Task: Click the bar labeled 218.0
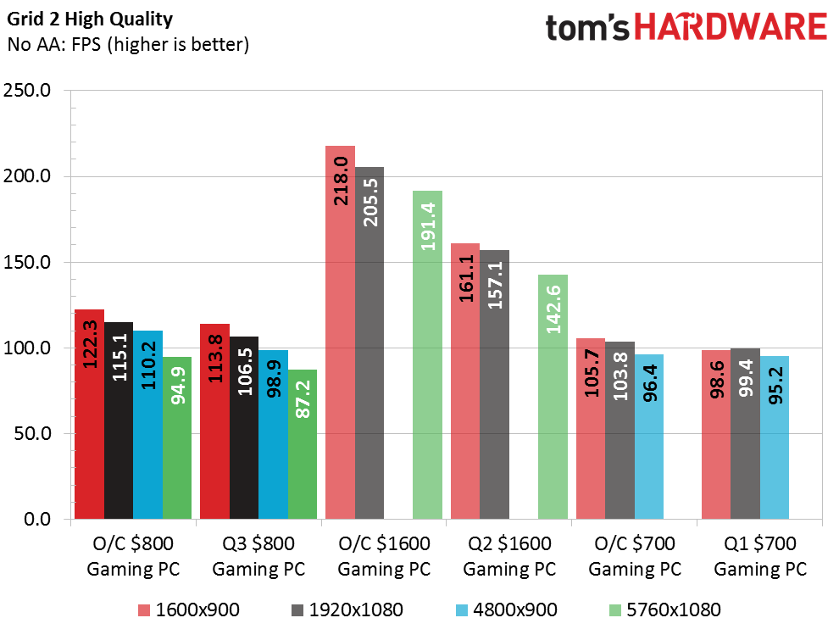coord(341,332)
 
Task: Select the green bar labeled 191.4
coord(427,355)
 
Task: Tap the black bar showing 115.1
coord(119,420)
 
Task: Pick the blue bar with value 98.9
coord(274,435)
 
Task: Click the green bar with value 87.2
coord(303,444)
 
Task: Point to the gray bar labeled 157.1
coord(494,385)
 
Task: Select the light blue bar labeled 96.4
coord(649,437)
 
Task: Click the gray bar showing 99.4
coord(746,434)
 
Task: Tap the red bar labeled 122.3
coord(89,415)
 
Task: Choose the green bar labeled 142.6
coord(553,398)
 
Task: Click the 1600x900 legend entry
coord(189,610)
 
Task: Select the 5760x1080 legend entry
coord(665,610)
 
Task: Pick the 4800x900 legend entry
coord(507,610)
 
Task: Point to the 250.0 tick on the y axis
coord(27,90)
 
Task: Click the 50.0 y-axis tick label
coord(32,433)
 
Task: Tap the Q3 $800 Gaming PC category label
coord(258,556)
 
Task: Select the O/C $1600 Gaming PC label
coord(384,556)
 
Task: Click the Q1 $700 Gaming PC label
coord(760,556)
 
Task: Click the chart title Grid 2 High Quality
coord(90,19)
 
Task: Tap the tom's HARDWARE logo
coord(686,27)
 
